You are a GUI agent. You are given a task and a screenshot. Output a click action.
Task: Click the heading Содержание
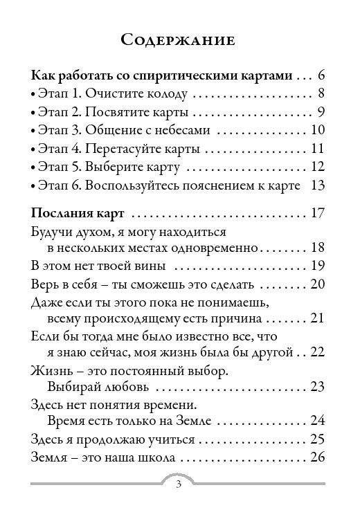[x=179, y=39]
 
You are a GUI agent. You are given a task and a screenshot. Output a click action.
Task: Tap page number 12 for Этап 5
[x=318, y=167]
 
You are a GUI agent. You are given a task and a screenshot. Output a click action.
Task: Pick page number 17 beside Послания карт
[x=318, y=212]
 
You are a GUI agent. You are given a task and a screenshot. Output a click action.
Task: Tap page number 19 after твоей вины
[x=318, y=266]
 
